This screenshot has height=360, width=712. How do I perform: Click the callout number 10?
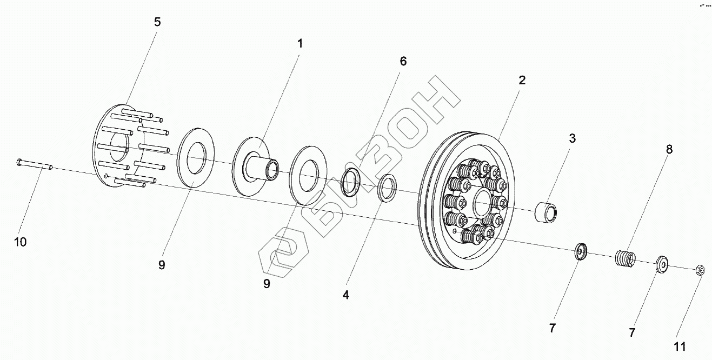(x=20, y=242)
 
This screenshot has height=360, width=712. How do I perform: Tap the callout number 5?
(x=157, y=22)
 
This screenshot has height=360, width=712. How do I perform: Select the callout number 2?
(x=522, y=81)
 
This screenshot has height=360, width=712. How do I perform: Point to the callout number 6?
(x=403, y=61)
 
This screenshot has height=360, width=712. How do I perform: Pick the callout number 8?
(x=669, y=150)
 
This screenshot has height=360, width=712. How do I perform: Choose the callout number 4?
(x=346, y=295)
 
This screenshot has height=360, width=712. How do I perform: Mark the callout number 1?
(x=300, y=44)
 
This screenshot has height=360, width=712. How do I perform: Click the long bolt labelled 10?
(x=34, y=164)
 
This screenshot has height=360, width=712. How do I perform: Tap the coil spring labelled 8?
(x=625, y=257)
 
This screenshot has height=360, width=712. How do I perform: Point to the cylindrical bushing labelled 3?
(x=546, y=212)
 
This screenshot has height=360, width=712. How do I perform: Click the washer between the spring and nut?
(x=662, y=264)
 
